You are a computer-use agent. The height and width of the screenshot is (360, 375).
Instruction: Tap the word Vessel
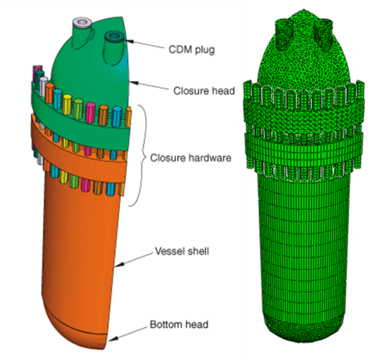tap(169, 251)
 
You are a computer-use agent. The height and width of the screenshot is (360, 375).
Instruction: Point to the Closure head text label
tap(204, 91)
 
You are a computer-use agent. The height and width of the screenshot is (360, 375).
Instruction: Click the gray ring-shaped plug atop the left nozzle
tap(82, 22)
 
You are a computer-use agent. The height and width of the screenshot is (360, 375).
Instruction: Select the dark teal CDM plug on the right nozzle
tap(114, 37)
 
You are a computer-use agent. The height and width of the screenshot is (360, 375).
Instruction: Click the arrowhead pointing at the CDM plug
tap(130, 41)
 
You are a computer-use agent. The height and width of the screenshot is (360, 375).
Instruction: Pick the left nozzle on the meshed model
tap(285, 31)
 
